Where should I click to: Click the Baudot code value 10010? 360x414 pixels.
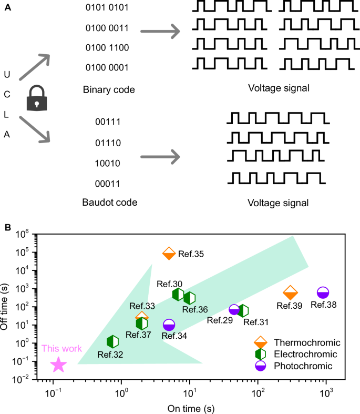click(x=108, y=163)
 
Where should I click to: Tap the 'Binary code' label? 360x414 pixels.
click(x=109, y=89)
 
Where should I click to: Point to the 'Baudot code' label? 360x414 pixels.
click(x=109, y=203)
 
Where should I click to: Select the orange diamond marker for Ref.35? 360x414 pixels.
click(x=169, y=253)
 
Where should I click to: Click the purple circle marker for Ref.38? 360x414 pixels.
click(x=323, y=292)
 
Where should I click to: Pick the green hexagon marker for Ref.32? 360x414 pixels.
click(x=112, y=342)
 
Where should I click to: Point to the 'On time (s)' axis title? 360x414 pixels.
click(x=190, y=408)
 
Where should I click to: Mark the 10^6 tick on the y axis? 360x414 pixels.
click(x=23, y=235)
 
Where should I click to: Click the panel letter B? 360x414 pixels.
click(x=7, y=227)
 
